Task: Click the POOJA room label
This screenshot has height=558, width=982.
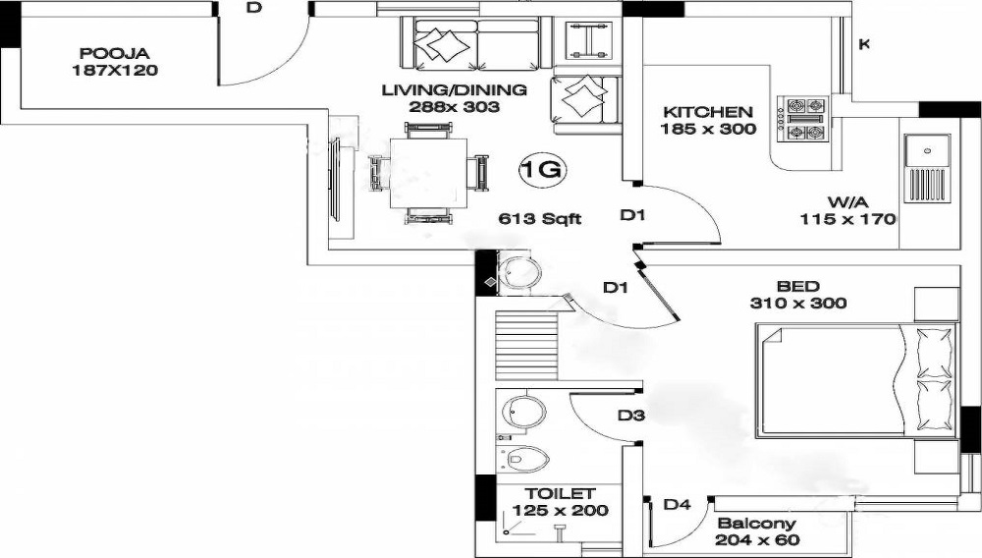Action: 114,53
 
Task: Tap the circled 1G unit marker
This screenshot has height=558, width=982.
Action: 541,171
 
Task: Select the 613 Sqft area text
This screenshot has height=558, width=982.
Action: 540,219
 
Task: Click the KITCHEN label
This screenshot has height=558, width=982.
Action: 708,112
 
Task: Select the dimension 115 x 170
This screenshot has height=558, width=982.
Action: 847,219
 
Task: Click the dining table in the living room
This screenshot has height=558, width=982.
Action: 428,172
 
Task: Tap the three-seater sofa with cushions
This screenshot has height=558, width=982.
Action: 469,43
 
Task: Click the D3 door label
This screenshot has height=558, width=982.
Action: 630,416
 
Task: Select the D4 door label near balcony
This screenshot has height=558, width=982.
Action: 677,505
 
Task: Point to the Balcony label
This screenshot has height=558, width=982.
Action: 756,524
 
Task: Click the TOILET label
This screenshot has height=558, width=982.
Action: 560,493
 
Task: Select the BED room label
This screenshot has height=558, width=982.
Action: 797,286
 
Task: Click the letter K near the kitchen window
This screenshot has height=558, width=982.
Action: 864,43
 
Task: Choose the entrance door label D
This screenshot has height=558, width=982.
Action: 253,8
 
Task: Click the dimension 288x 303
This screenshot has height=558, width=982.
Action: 455,107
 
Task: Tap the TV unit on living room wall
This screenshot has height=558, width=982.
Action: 336,187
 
